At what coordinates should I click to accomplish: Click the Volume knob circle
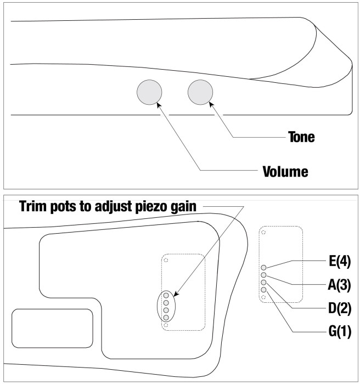149,92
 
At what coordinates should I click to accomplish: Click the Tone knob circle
200,92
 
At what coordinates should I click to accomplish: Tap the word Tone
301,137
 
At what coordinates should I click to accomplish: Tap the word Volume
285,171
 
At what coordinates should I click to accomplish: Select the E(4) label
340,261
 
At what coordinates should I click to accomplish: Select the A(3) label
339,285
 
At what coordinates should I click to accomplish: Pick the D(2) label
340,308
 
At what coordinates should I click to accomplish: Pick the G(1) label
340,331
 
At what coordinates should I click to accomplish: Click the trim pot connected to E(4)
263,268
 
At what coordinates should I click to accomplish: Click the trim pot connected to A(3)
263,275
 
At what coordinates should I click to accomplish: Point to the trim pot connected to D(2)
263,283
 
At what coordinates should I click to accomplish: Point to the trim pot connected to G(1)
263,290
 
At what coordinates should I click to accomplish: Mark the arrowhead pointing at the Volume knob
159,105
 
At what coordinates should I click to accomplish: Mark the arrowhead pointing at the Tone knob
211,104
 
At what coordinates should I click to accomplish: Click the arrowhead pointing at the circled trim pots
176,293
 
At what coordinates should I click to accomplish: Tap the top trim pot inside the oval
166,295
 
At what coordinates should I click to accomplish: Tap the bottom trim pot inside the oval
166,318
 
